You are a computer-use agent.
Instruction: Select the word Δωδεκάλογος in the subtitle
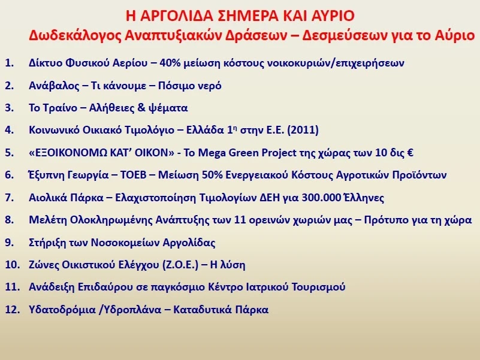75,36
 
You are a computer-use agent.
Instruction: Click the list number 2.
9,86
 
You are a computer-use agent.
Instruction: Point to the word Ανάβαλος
54,86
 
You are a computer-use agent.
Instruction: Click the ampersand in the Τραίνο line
141,108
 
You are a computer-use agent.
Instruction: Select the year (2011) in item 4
303,130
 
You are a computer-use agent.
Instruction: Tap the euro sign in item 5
410,153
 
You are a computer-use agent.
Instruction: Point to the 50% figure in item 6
212,175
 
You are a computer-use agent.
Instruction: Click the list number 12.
12,310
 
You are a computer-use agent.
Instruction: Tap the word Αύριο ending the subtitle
457,36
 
